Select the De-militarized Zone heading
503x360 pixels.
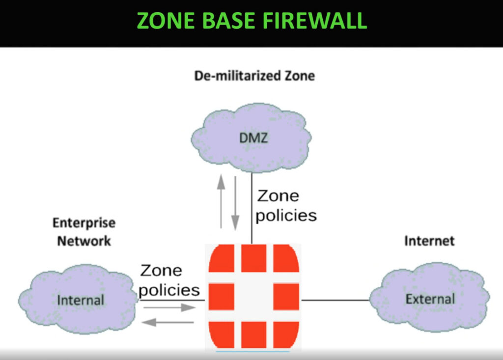point(254,76)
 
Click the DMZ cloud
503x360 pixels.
point(252,138)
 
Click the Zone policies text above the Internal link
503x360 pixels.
point(169,280)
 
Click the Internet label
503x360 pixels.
point(429,241)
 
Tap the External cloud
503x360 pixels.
point(430,299)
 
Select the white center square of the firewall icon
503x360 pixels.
point(253,300)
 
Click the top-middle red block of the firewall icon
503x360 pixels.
point(253,258)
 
